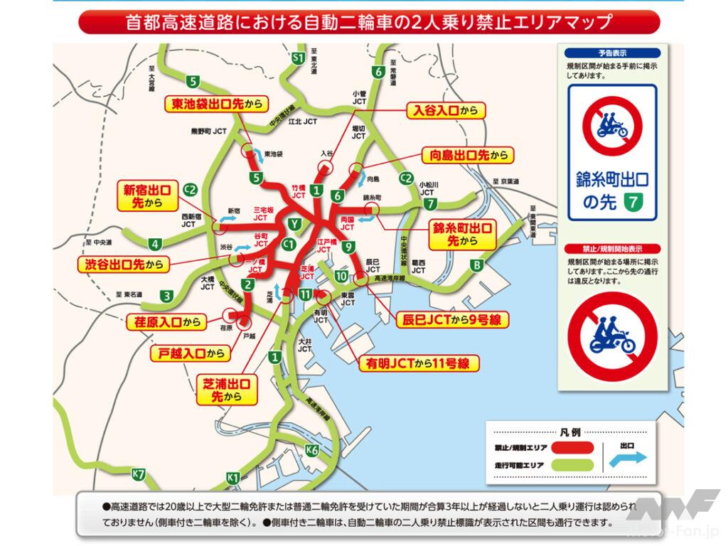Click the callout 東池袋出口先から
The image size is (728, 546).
[x=216, y=104]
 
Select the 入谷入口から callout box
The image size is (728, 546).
[x=445, y=110]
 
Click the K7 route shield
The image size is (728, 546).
[x=139, y=474]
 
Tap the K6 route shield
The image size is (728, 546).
[x=311, y=449]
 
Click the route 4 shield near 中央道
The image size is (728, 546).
[x=156, y=244]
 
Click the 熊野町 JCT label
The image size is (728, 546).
[x=208, y=131]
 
